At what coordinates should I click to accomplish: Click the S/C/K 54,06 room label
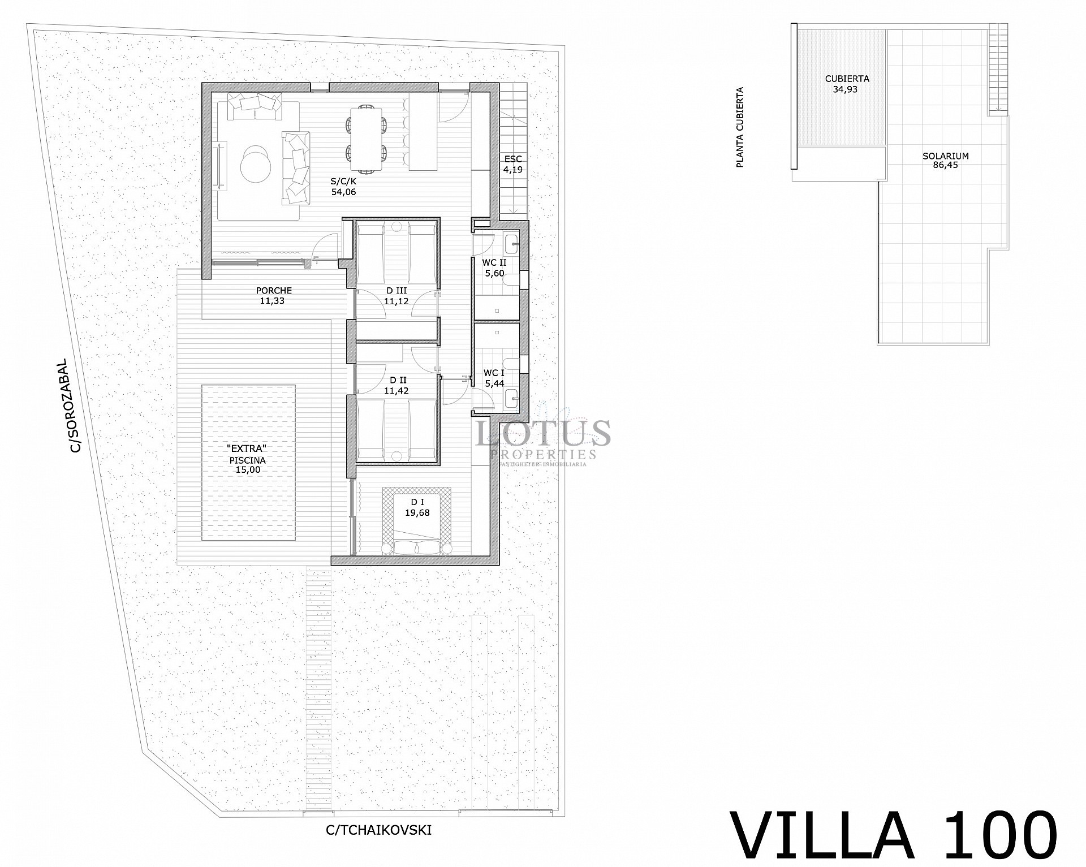343,187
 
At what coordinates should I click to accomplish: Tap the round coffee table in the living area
256,165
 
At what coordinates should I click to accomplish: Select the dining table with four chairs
367,138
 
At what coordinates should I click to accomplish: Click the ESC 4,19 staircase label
513,164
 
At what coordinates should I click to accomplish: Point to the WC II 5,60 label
494,268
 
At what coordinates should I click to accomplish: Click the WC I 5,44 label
494,378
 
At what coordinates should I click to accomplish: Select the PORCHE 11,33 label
274,295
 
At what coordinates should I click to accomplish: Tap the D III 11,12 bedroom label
396,295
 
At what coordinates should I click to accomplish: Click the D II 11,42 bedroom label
396,385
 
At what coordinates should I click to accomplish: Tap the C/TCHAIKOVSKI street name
378,830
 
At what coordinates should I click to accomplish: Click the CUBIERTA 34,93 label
847,84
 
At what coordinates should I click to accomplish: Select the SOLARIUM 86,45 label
945,161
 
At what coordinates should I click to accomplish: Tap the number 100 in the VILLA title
997,835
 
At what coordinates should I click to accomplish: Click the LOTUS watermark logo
543,434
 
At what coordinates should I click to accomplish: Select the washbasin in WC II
512,243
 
